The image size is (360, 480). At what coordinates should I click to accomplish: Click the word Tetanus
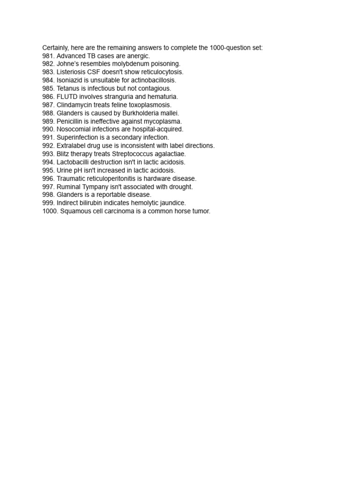pos(69,88)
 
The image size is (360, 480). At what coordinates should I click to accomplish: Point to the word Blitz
pos(63,154)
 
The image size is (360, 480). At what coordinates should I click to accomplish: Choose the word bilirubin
pos(92,203)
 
